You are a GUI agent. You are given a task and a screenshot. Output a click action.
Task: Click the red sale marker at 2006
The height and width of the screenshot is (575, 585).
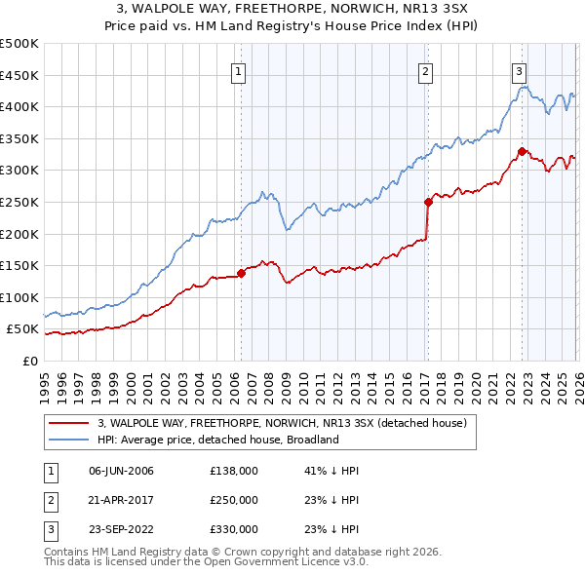[241, 273]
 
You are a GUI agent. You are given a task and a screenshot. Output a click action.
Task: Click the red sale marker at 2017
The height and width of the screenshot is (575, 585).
[428, 203]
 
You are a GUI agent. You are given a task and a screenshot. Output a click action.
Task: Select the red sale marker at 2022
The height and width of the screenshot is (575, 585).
[522, 151]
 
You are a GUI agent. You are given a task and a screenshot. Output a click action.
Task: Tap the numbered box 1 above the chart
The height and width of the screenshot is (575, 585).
[239, 70]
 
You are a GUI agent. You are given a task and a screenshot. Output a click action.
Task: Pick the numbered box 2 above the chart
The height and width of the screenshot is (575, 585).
[426, 70]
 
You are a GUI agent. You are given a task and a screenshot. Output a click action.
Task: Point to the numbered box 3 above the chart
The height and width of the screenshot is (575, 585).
[520, 70]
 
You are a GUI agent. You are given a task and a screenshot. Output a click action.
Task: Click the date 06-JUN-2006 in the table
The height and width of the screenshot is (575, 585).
[121, 471]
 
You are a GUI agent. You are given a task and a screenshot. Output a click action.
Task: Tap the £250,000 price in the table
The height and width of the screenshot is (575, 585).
[234, 500]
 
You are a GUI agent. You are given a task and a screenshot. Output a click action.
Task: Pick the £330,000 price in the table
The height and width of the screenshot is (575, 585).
[234, 529]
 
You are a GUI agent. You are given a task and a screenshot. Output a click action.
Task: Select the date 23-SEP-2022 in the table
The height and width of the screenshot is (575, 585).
[121, 529]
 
